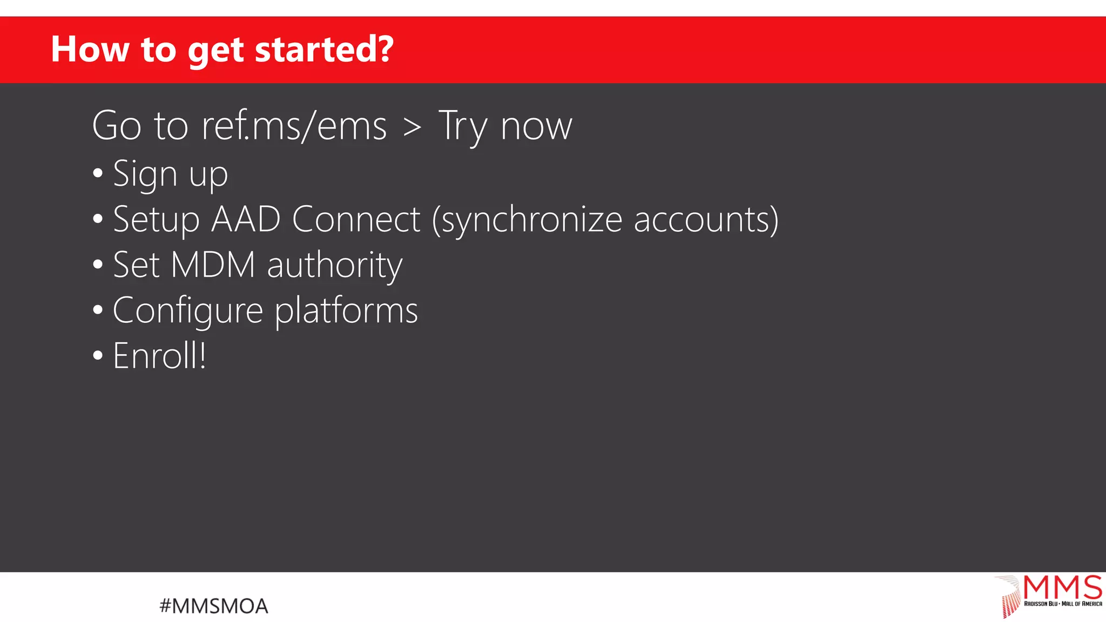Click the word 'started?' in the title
pos(324,50)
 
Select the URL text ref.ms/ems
pos(294,126)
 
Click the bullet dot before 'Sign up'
pos(98,174)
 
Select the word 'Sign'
pos(145,174)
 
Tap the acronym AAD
pos(246,219)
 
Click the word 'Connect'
pos(356,219)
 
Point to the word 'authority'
pos(335,266)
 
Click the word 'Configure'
pos(188,311)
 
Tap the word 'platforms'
pos(346,311)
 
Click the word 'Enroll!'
pos(159,356)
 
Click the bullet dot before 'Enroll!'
pos(98,356)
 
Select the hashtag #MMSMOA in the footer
pos(214,606)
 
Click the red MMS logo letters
pos(1062,587)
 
